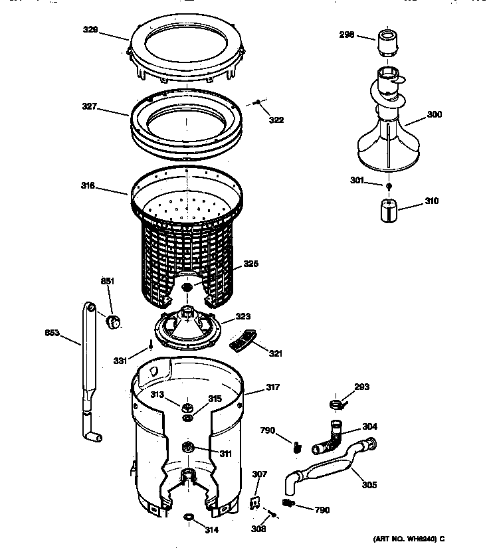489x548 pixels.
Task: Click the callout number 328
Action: tap(108, 29)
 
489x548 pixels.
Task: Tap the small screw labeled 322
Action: tap(257, 102)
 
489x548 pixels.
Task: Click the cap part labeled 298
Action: tap(386, 43)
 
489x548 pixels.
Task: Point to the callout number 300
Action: tap(434, 114)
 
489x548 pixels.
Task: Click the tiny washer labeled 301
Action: tap(389, 185)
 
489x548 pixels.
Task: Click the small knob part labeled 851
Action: tap(115, 322)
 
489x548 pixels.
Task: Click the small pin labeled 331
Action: tap(151, 344)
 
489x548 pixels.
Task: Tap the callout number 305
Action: tap(369, 484)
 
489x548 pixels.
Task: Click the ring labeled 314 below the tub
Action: tap(189, 517)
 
